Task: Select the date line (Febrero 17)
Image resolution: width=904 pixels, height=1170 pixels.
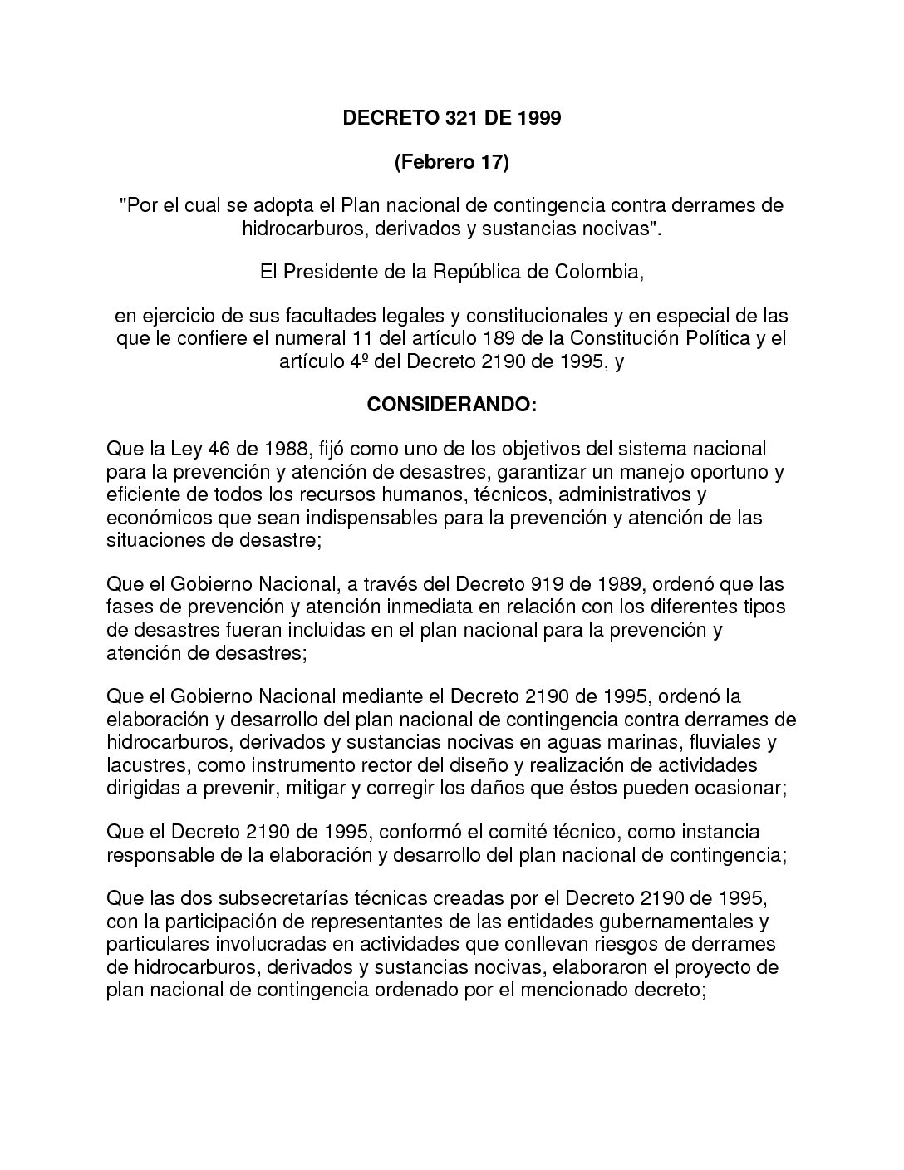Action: tap(451, 162)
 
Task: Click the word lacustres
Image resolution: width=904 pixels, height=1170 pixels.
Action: tap(145, 764)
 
